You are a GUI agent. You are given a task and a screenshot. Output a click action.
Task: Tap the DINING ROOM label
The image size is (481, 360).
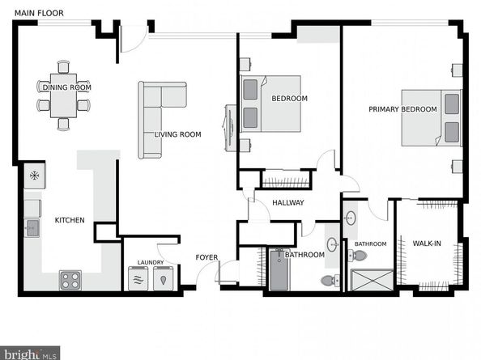[66, 87]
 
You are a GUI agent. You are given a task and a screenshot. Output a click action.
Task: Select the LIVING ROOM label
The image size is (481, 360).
[178, 134]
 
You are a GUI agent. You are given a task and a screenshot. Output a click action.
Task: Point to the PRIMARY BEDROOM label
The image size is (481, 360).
[402, 109]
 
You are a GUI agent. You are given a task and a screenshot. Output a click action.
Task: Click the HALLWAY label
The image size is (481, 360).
[287, 202]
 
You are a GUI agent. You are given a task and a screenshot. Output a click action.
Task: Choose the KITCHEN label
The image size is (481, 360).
[69, 220]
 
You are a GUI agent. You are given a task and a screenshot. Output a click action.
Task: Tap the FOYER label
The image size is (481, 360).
[206, 257]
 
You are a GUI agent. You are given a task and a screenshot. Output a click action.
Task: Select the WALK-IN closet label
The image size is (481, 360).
[427, 243]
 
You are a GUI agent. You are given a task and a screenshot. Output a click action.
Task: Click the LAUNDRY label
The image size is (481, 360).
[151, 262]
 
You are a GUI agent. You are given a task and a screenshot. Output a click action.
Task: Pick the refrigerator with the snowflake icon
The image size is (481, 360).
[35, 175]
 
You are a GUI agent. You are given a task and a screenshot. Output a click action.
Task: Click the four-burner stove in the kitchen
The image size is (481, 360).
[70, 280]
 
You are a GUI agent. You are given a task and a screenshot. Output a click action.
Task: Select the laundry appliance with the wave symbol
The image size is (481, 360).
[137, 278]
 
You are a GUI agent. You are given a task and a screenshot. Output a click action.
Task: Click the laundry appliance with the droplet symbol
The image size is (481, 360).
[164, 278]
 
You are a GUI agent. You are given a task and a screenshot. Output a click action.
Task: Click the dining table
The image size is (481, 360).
[63, 101]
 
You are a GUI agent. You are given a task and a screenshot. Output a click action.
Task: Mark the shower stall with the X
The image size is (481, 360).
[368, 279]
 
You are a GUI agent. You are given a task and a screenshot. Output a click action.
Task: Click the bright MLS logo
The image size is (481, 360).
[31, 353]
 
